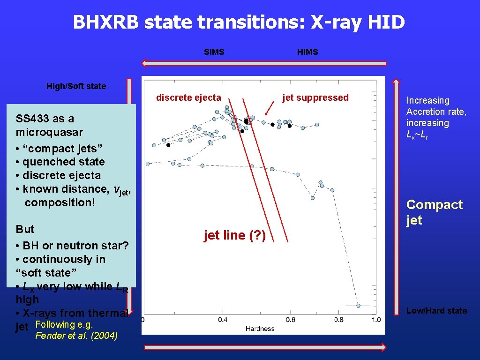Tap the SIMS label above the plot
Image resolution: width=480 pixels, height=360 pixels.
pyautogui.click(x=214, y=52)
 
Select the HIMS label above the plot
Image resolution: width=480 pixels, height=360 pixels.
pyautogui.click(x=307, y=52)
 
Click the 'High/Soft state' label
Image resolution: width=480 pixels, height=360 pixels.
pyautogui.click(x=76, y=86)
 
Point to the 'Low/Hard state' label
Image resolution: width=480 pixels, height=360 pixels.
pyautogui.click(x=436, y=311)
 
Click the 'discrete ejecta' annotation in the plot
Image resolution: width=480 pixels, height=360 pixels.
pyautogui.click(x=188, y=97)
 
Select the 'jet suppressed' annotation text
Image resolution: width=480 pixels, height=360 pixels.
pyautogui.click(x=315, y=97)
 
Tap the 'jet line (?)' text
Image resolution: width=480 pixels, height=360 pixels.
pyautogui.click(x=235, y=235)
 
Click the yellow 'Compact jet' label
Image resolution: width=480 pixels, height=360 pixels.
pyautogui.click(x=434, y=212)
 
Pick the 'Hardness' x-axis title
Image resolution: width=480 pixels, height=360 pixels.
pyautogui.click(x=260, y=328)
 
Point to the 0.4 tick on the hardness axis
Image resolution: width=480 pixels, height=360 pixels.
pyautogui.click(x=223, y=320)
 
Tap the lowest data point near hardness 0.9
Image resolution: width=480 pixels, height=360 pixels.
pyautogui.click(x=358, y=305)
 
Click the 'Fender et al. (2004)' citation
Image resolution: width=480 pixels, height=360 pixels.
pyautogui.click(x=77, y=336)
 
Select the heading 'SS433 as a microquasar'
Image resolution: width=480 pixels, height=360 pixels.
pyautogui.click(x=45, y=125)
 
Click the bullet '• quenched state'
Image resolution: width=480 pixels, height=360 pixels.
pyautogui.click(x=60, y=162)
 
